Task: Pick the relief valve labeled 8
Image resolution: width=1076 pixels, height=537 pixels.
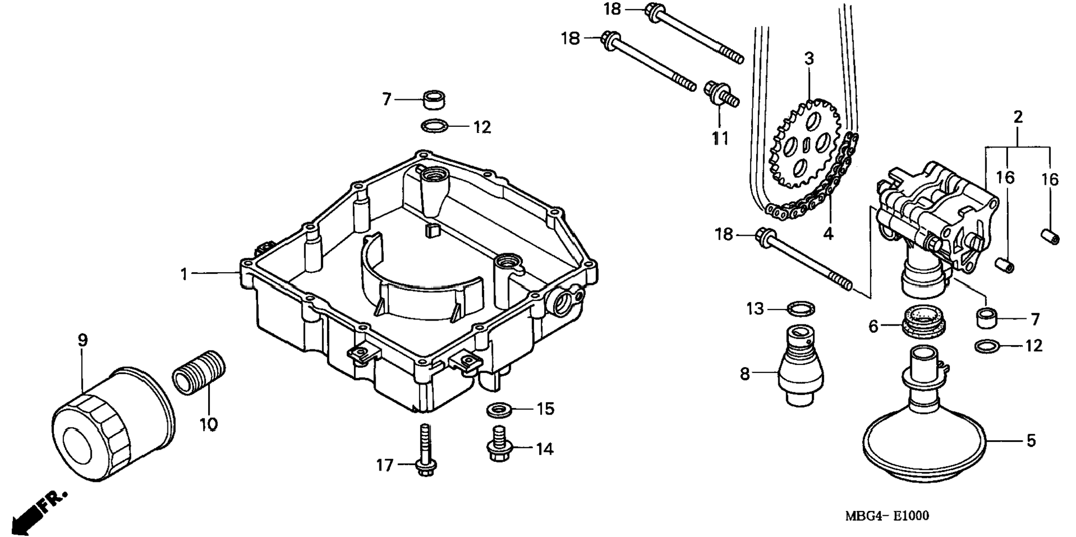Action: point(801,364)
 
